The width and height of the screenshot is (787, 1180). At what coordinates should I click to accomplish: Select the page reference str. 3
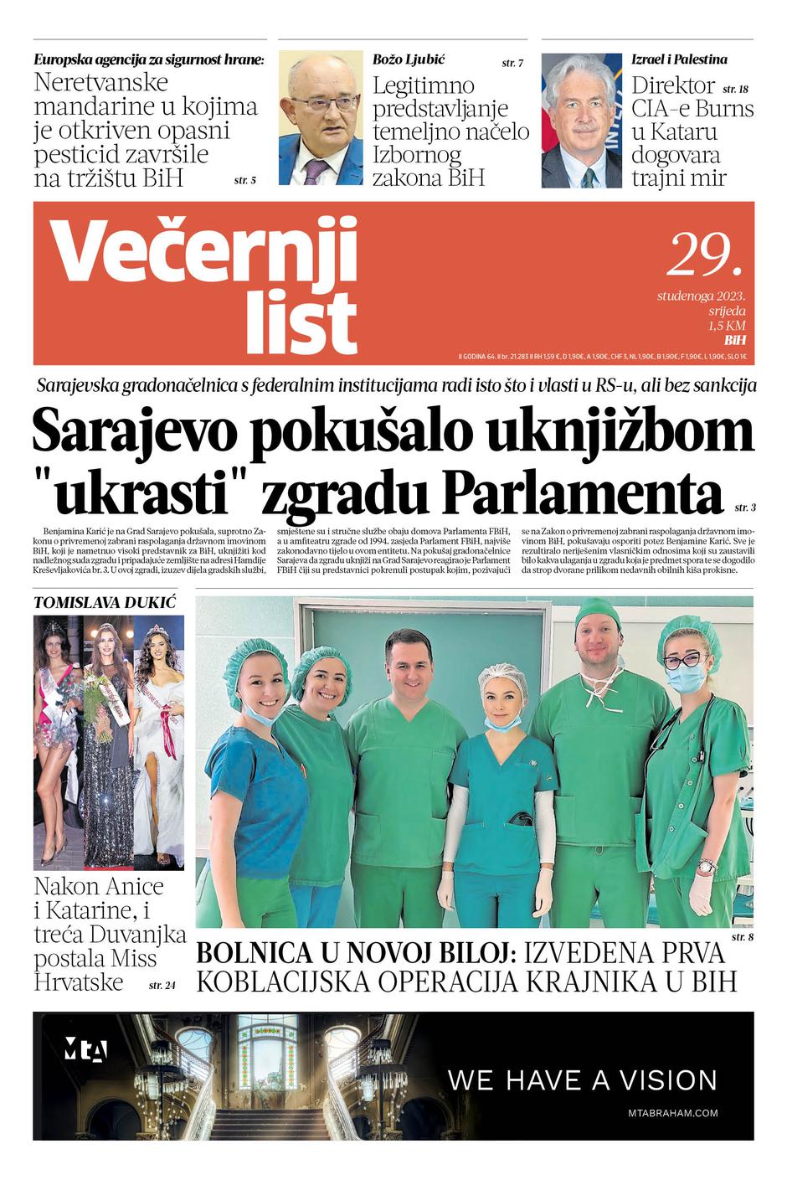click(x=744, y=508)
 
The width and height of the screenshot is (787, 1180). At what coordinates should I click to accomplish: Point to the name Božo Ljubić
click(x=408, y=59)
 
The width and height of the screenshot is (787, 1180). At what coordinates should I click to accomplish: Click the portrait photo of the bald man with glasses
click(x=321, y=118)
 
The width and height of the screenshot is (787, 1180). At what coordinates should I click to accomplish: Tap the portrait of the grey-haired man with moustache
click(x=581, y=120)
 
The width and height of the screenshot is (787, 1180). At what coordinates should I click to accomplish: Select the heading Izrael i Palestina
click(x=678, y=59)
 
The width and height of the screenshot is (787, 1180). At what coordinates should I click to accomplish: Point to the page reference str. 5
click(x=244, y=180)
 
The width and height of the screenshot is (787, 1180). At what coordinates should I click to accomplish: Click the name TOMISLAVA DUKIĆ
click(x=105, y=602)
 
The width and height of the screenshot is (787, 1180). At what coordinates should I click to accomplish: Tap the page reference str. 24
click(x=162, y=986)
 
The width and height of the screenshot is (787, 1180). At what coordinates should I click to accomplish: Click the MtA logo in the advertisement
click(x=85, y=1050)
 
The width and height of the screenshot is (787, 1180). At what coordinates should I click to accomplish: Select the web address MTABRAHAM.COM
click(x=672, y=1113)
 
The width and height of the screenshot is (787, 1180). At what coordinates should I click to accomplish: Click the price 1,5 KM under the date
click(x=726, y=327)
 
